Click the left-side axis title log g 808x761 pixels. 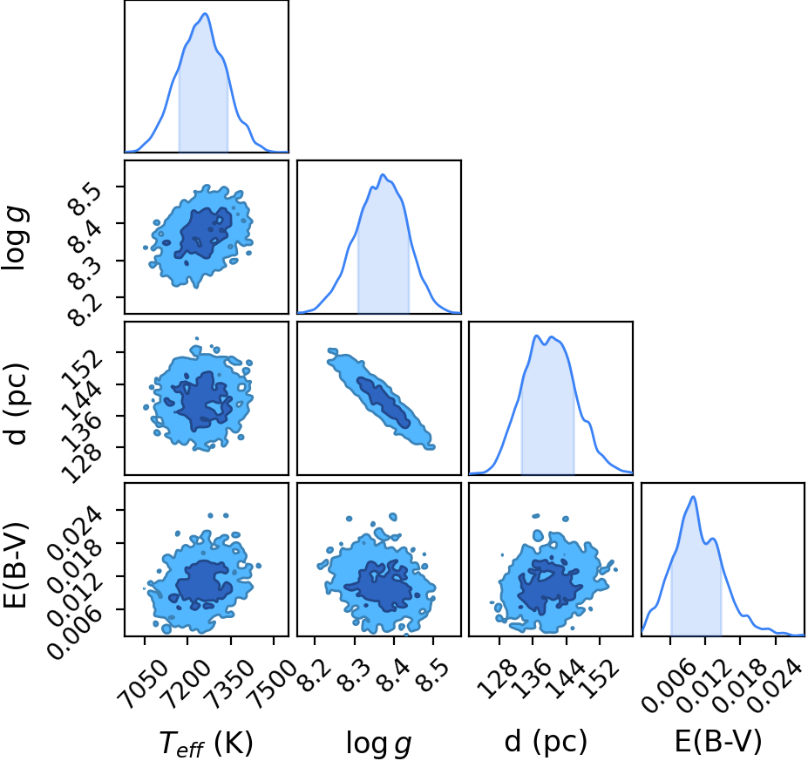tap(15, 238)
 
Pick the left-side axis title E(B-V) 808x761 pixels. tap(15, 565)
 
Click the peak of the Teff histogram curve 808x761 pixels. tap(205, 13)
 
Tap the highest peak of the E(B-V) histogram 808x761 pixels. tap(693, 497)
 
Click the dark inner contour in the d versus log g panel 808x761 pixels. tap(384, 402)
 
